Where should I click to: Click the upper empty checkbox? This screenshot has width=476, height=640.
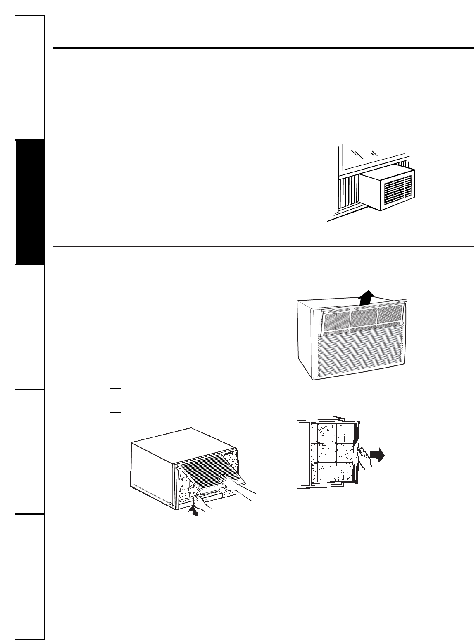[x=116, y=383]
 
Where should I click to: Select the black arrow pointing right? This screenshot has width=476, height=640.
[x=377, y=456]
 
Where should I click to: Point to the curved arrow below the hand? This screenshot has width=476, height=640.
[x=193, y=511]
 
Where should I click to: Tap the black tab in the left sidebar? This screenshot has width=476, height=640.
[x=30, y=202]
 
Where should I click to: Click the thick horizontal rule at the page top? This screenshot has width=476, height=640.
[x=264, y=48]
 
